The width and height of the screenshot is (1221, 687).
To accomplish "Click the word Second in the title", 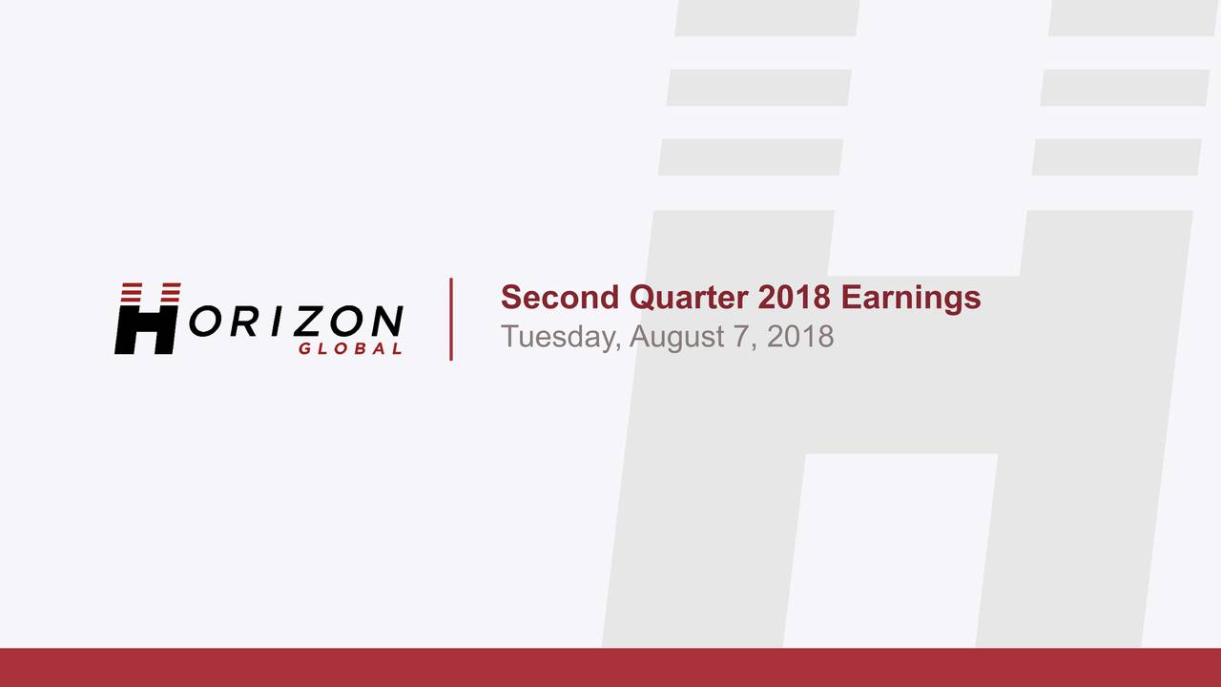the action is pyautogui.click(x=560, y=297).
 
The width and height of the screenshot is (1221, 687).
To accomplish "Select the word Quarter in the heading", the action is pyautogui.click(x=689, y=299).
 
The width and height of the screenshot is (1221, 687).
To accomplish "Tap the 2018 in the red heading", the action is pyautogui.click(x=795, y=297).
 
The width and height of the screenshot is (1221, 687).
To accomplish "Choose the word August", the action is pyautogui.click(x=677, y=338).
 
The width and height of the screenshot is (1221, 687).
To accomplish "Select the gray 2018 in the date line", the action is pyautogui.click(x=800, y=336).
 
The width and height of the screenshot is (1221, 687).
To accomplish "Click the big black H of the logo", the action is pyautogui.click(x=146, y=329).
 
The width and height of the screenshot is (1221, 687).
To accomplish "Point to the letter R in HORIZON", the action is pyautogui.click(x=242, y=322).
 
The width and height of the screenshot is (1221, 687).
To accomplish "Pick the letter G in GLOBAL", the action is pyautogui.click(x=306, y=348).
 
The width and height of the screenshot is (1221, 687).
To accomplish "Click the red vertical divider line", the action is pyautogui.click(x=451, y=319).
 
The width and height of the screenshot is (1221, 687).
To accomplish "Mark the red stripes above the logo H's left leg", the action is pyautogui.click(x=131, y=292).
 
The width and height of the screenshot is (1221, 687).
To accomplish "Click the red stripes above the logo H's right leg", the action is pyautogui.click(x=170, y=292).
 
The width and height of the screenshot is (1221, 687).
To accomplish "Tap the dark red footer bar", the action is pyautogui.click(x=610, y=667).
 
